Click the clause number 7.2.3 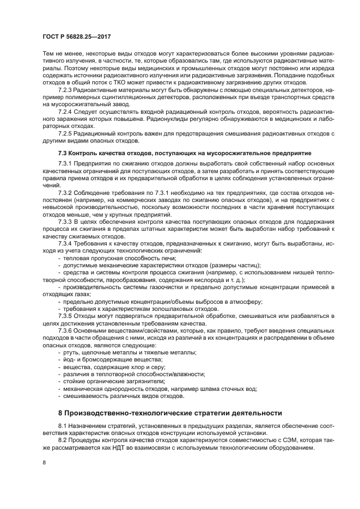66,88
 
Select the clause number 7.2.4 66,111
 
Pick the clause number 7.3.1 66,164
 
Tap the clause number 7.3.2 66,193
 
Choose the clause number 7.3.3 66,222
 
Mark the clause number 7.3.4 66,243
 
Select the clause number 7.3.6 66,331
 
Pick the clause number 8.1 63,426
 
